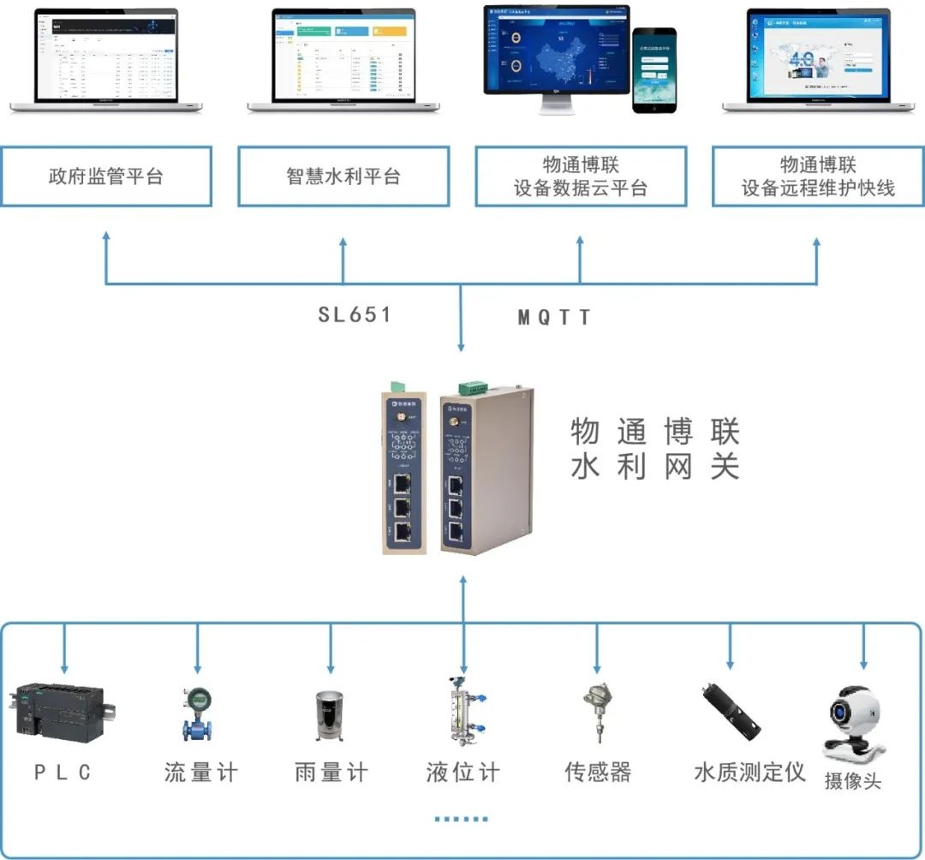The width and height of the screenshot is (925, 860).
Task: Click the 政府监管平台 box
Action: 106,176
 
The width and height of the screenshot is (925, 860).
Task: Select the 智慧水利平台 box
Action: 343,176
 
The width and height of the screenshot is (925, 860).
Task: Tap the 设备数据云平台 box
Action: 581,176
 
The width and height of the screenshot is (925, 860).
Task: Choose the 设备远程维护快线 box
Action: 818,176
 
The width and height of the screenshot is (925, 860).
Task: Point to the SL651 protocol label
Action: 355,314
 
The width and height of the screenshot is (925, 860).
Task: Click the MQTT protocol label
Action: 555,318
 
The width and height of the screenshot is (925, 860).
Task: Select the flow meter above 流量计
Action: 198,714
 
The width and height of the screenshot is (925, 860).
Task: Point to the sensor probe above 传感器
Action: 597,711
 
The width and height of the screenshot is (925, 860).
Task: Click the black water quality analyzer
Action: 731,712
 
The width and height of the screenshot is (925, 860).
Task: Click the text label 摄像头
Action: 852,780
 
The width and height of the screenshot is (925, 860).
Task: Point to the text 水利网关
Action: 655,468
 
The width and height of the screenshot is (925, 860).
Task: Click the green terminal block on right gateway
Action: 474,387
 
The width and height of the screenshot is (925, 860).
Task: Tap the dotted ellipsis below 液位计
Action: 461,819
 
